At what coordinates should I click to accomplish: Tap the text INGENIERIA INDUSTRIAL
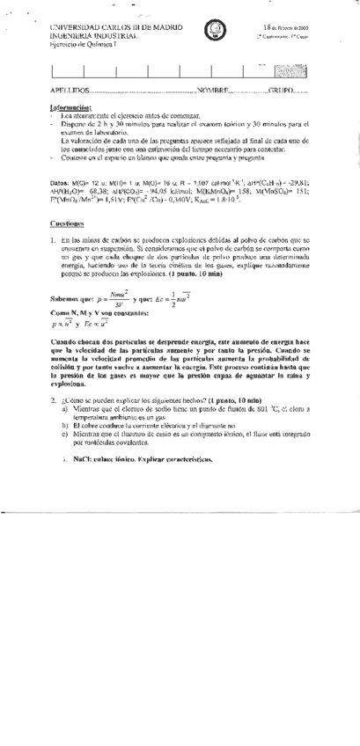94,37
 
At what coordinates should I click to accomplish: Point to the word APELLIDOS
70,91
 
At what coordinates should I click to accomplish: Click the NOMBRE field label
215,91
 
